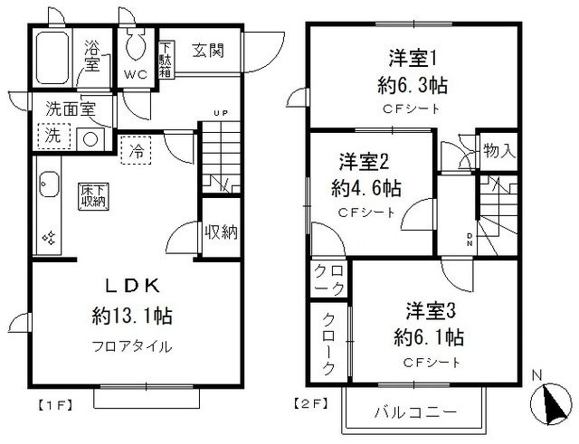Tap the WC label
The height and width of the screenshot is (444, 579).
[x=137, y=73]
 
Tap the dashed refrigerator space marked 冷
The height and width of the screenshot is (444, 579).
[x=136, y=148]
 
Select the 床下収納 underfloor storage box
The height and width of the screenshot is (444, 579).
[x=92, y=195]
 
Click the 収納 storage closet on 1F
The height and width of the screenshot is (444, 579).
[x=220, y=232]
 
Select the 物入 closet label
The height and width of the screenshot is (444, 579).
[x=499, y=150]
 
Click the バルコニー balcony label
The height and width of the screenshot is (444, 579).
[x=415, y=412]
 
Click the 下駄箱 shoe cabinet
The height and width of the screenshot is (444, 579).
[x=166, y=61]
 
